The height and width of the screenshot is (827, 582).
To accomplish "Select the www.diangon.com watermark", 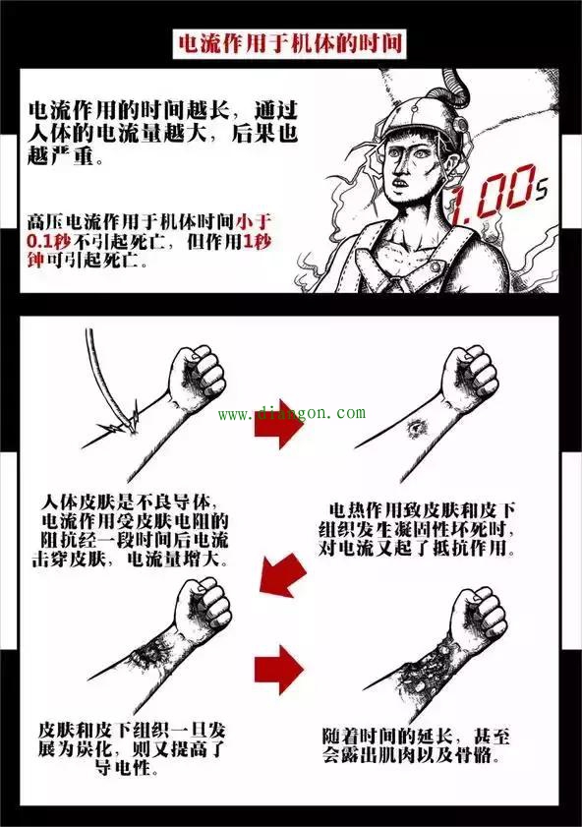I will click(292, 414).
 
